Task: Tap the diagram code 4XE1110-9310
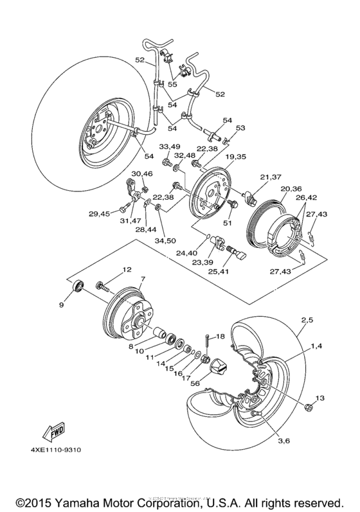(52, 450)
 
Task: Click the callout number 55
(172, 84)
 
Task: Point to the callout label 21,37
(272, 177)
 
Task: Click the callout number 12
(127, 270)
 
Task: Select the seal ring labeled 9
(77, 285)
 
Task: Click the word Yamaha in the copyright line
(83, 500)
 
